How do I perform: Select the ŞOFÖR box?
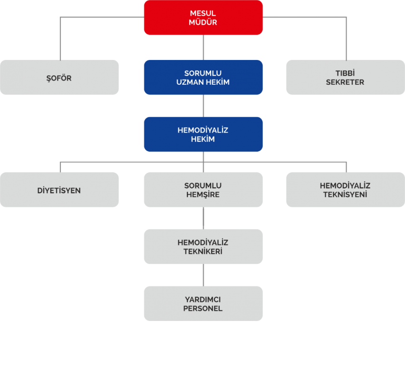(x=59, y=77)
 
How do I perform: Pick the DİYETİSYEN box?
(x=59, y=190)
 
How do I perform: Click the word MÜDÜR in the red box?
(x=203, y=22)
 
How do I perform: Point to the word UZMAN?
(x=190, y=82)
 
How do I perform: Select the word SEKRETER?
(x=345, y=82)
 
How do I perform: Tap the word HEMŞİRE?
(x=203, y=194)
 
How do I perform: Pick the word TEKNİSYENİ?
(x=345, y=194)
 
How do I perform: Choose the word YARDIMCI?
(x=203, y=299)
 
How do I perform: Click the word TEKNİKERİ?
(x=203, y=251)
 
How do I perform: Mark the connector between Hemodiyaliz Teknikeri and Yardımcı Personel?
(x=203, y=275)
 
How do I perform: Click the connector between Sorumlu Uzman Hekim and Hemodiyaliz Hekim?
(x=203, y=106)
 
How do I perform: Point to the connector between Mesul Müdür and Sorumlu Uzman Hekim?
(x=203, y=47)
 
